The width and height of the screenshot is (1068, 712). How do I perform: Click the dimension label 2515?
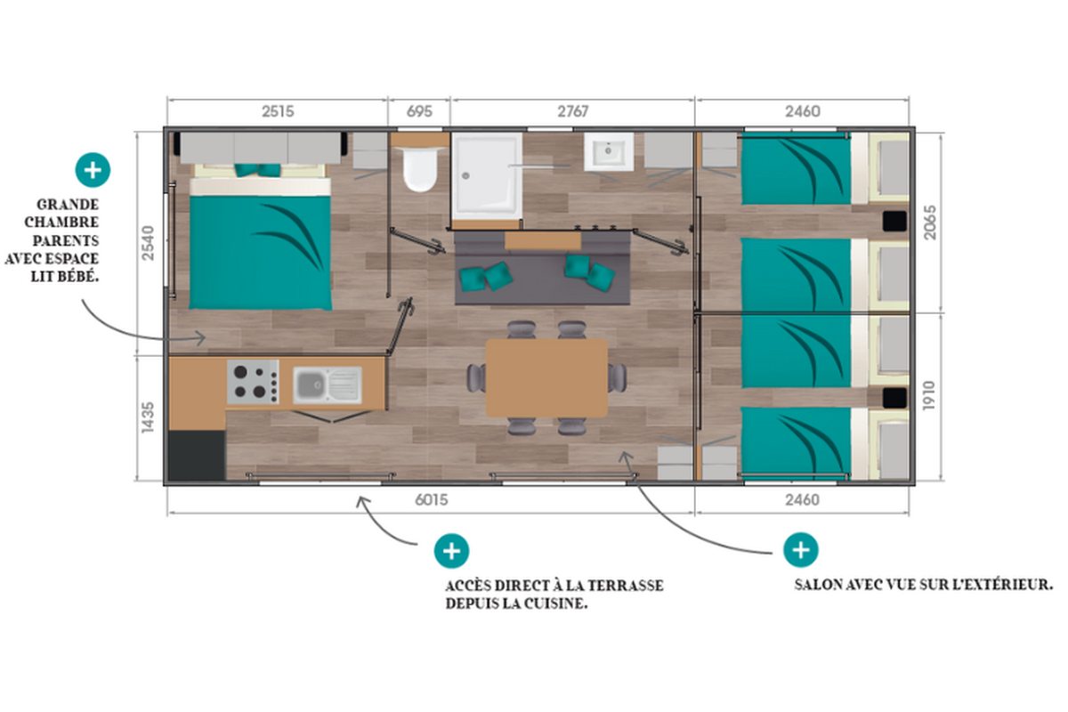(x=278, y=111)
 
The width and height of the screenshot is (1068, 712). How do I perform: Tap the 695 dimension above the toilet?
(x=419, y=111)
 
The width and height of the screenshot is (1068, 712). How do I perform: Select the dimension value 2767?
(x=573, y=111)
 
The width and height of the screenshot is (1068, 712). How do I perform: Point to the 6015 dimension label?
(x=432, y=500)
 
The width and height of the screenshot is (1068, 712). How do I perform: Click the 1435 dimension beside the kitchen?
(x=148, y=417)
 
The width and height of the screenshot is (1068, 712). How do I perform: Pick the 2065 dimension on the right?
(x=930, y=222)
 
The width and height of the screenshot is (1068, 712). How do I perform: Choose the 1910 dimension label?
(x=929, y=395)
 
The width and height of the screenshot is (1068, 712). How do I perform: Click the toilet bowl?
(x=419, y=169)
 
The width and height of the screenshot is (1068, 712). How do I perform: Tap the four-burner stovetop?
(x=253, y=382)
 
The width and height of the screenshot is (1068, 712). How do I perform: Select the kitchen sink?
(x=328, y=384)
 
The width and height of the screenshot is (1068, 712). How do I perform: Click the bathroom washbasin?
(x=609, y=151)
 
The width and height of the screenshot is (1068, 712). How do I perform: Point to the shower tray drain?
(x=465, y=175)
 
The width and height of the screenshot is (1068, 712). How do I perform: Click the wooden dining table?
(x=546, y=378)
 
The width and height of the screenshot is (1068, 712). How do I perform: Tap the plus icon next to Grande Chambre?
(x=93, y=170)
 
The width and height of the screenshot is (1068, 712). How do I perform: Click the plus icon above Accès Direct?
(x=451, y=551)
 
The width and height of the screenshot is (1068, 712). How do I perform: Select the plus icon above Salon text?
(x=801, y=550)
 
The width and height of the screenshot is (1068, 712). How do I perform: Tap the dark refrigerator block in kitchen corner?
(x=197, y=455)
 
